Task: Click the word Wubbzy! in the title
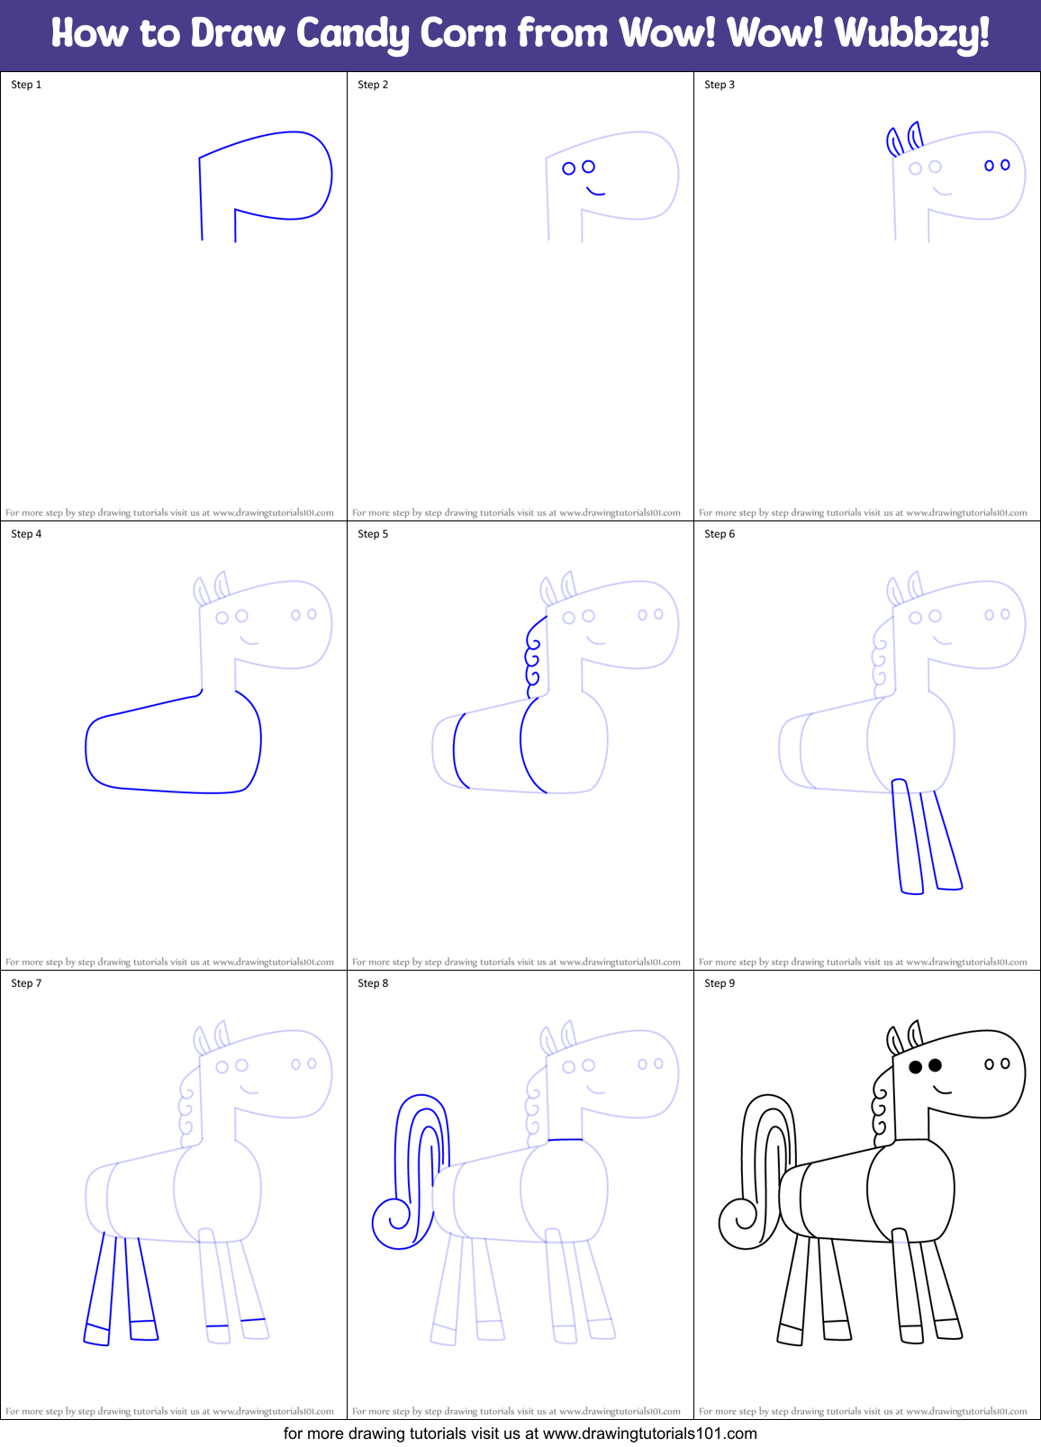911,34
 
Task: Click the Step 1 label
26,85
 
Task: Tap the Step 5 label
373,534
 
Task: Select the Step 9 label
720,983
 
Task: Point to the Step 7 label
26,983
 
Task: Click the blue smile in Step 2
595,192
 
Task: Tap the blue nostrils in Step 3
997,166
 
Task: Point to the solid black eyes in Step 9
925,1066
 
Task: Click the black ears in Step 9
904,1038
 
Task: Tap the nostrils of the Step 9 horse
997,1064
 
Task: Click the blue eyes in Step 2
578,167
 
